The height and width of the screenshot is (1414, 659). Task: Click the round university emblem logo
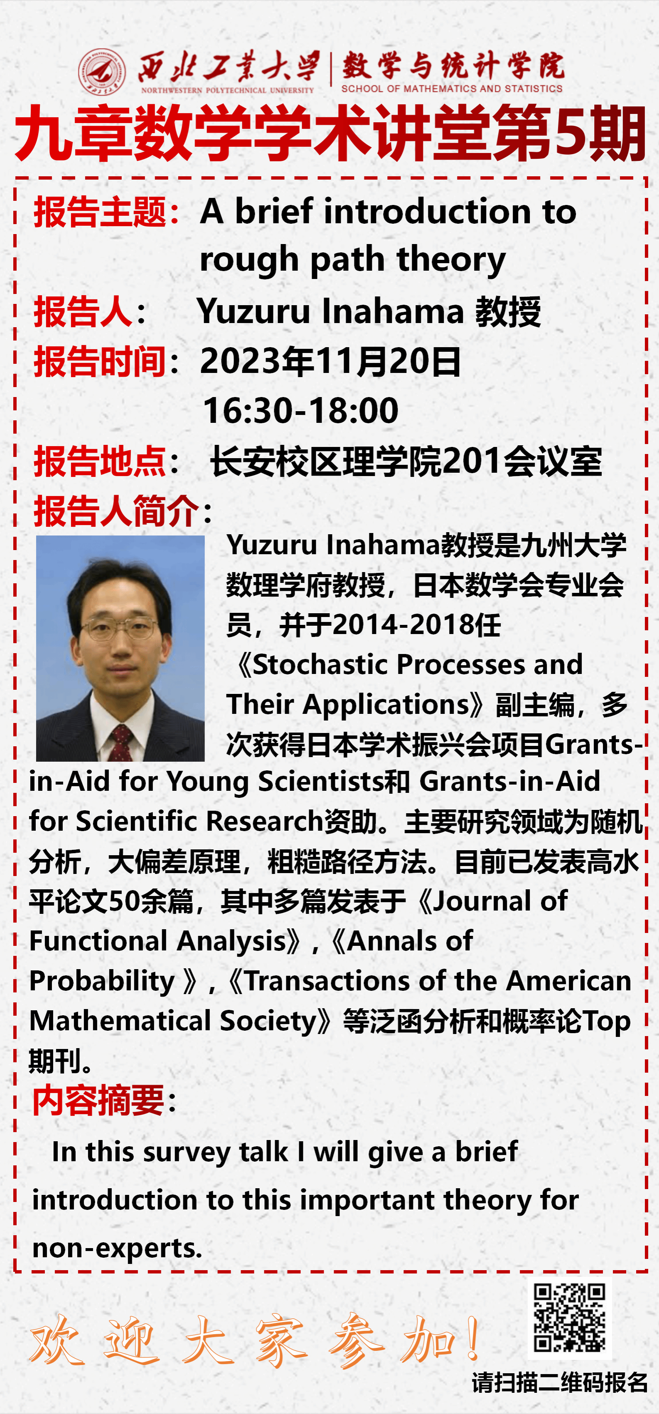pos(101,72)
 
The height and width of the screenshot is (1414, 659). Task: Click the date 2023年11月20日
pos(330,362)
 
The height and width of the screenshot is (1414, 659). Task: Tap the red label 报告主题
pos(100,212)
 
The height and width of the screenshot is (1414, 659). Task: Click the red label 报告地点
pos(100,461)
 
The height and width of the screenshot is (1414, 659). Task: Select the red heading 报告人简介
pos(116,511)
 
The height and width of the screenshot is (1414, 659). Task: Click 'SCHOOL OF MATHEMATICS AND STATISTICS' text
pos(452,89)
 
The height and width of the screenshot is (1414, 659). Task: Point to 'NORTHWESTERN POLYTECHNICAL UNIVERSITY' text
pos(227,90)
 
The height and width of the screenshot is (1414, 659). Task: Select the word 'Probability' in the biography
pos(102,981)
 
